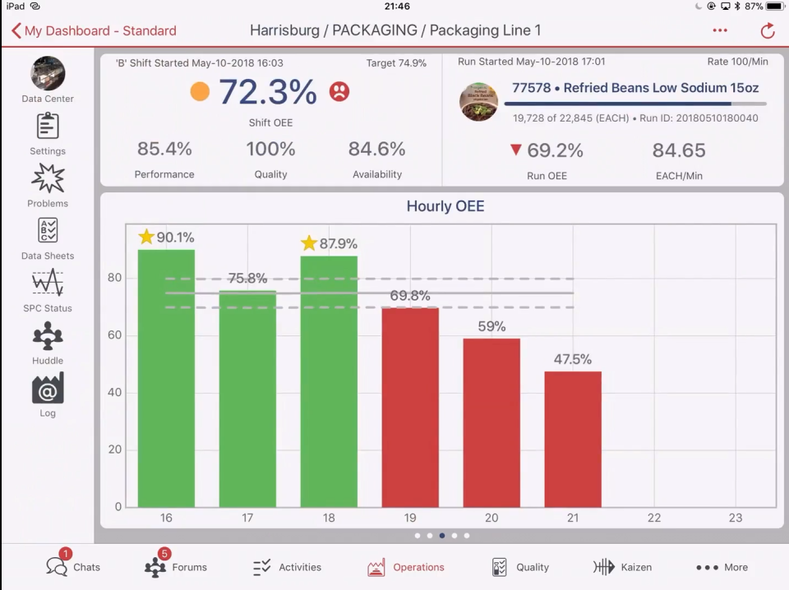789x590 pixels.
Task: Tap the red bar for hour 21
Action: (573, 439)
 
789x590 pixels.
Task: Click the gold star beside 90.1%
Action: (146, 237)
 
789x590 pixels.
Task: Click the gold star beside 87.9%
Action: (309, 243)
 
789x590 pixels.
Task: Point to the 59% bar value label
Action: (491, 326)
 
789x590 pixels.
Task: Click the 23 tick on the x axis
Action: (735, 518)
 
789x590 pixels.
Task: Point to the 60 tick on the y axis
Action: (115, 335)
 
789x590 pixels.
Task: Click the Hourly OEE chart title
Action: (445, 206)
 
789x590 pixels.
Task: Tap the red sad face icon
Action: (339, 91)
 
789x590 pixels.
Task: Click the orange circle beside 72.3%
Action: (200, 91)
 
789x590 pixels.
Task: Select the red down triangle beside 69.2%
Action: (515, 150)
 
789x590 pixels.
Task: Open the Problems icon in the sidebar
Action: (48, 178)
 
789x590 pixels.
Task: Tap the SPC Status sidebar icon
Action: (48, 283)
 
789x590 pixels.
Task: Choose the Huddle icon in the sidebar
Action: (48, 336)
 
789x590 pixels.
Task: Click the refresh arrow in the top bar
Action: (767, 31)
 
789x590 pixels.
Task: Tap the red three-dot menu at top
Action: (720, 31)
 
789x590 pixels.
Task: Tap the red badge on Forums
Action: (164, 554)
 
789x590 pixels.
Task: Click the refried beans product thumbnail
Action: (478, 102)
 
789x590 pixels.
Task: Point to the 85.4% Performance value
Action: (164, 150)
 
